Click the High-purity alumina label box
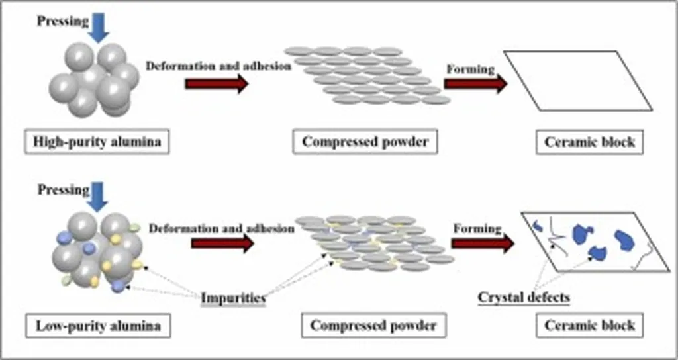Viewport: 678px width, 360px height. click(x=97, y=142)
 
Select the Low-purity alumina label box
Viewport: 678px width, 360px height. click(x=97, y=325)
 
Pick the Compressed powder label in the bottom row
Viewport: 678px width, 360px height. click(x=373, y=325)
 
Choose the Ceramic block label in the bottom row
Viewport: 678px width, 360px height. click(x=589, y=325)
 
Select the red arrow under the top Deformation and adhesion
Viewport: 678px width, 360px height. click(x=217, y=84)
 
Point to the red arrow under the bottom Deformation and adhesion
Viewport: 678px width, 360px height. click(x=222, y=243)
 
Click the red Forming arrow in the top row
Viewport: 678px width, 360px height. click(x=475, y=83)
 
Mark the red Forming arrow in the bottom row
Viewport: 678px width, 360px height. click(x=483, y=243)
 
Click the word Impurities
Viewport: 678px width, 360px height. click(x=233, y=298)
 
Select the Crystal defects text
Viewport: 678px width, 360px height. click(x=524, y=297)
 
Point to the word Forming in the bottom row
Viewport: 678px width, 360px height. click(x=477, y=228)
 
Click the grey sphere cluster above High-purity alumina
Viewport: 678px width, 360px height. click(x=93, y=79)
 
